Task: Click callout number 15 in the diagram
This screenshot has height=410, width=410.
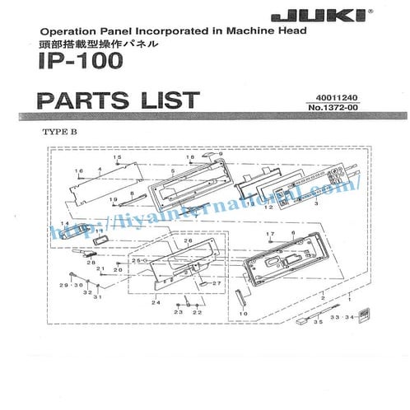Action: [117, 157]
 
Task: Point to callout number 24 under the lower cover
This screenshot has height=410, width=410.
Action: [154, 303]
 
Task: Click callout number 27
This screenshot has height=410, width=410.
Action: [218, 283]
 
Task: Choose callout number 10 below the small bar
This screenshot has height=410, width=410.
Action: [243, 314]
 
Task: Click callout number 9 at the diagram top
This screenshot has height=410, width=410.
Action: [221, 154]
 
